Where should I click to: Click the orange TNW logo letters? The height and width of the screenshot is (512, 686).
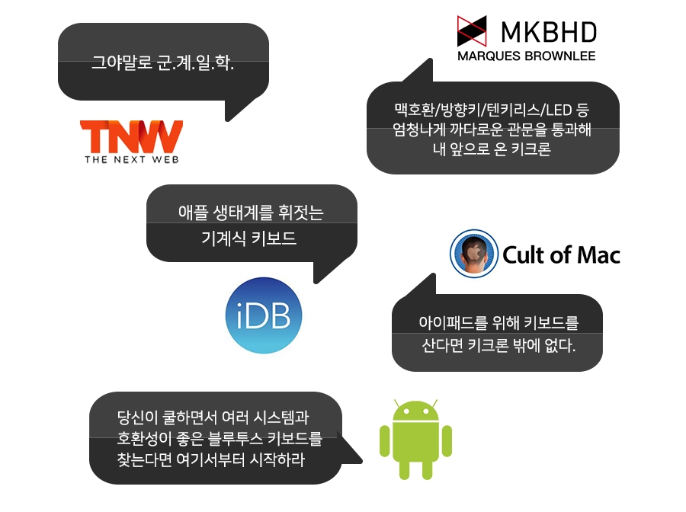(x=131, y=136)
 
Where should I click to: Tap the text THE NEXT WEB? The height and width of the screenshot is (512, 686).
(x=132, y=159)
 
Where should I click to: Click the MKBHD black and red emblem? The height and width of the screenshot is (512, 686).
(x=472, y=31)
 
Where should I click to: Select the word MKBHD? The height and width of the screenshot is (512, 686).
(x=549, y=32)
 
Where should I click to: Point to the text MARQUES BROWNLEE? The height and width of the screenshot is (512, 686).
(x=526, y=56)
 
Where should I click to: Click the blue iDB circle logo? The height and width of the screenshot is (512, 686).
(x=264, y=315)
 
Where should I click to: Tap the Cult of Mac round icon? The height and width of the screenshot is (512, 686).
(x=474, y=254)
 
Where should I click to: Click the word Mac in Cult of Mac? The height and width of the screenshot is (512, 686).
(x=599, y=255)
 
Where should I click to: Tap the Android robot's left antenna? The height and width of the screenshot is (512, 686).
(x=397, y=404)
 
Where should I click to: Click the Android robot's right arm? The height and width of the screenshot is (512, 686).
(x=447, y=440)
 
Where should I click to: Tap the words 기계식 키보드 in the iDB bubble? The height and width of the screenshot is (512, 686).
(x=249, y=238)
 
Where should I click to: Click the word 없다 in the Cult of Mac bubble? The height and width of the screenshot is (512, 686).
(x=560, y=346)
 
